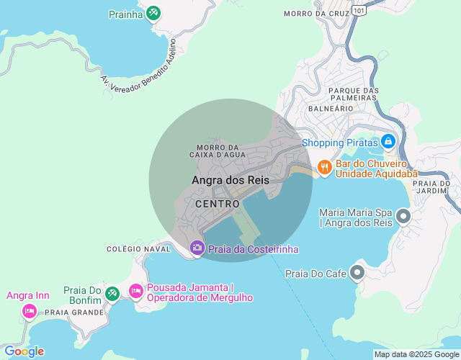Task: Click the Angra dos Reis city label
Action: [230, 180]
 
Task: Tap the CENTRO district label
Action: [217, 204]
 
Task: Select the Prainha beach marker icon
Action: [153, 13]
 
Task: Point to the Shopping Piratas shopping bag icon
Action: [388, 141]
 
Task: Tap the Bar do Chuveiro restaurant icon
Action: [324, 168]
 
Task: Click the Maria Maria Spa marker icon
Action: [403, 215]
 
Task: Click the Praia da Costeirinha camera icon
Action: [197, 248]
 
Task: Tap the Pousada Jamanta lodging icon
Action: [135, 291]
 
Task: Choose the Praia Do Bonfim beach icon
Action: [112, 293]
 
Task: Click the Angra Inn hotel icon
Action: [29, 310]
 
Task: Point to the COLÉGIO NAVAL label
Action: [138, 249]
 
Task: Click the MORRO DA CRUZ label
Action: [311, 14]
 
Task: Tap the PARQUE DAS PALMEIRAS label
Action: [353, 94]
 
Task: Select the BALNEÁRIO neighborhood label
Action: [330, 108]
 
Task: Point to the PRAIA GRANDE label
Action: [74, 313]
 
